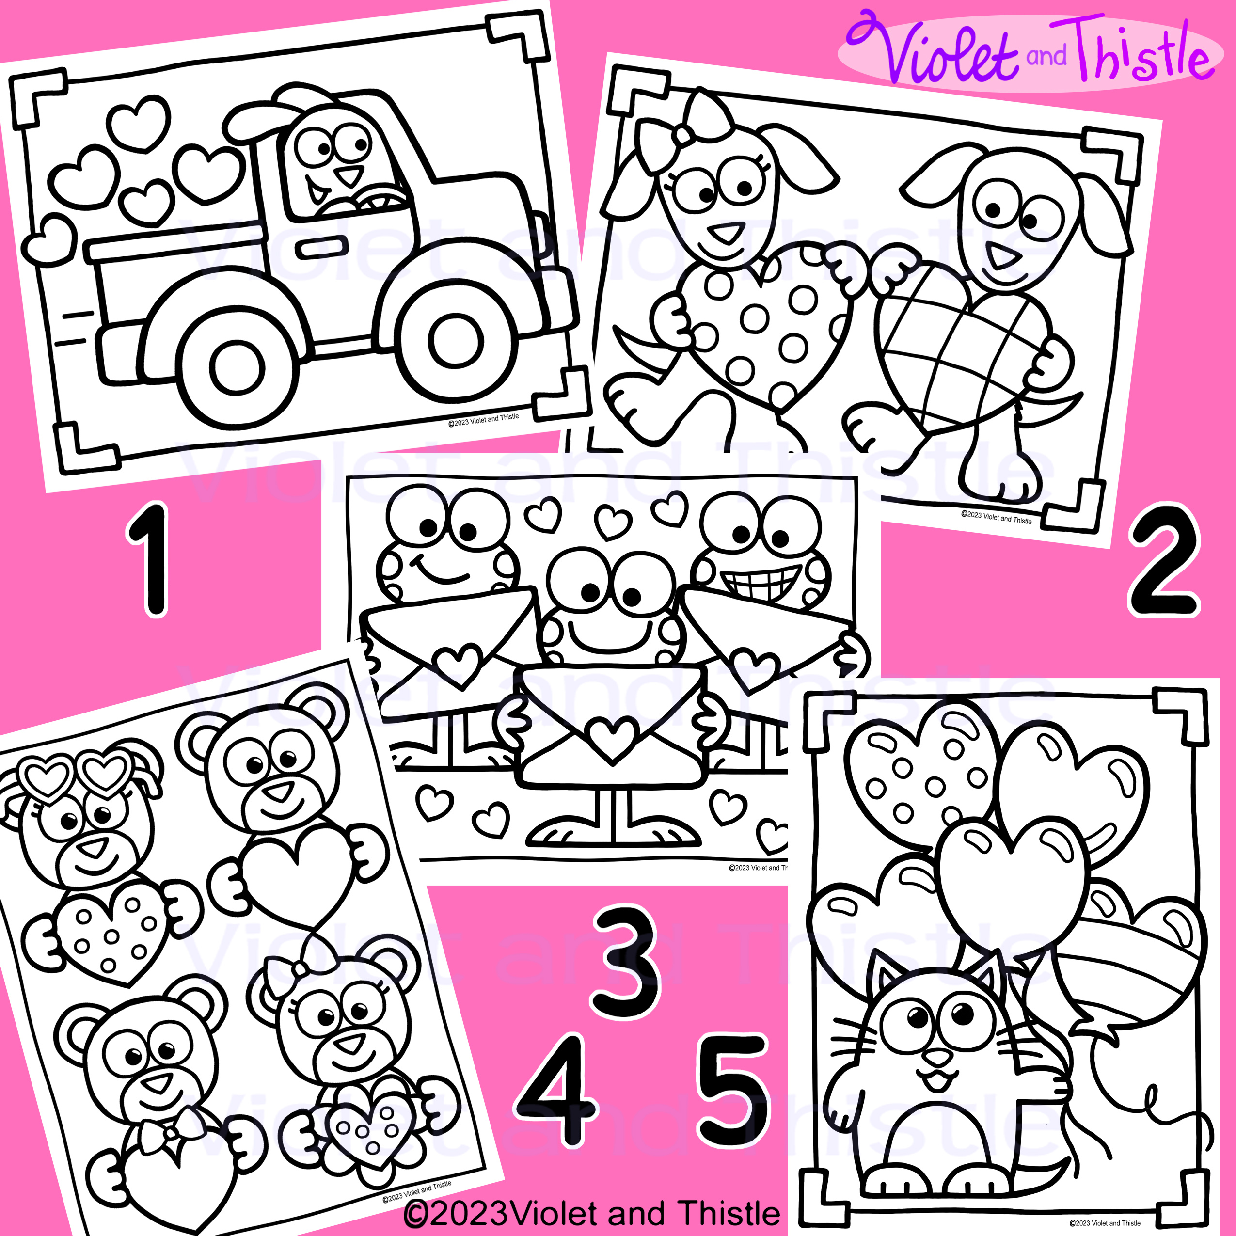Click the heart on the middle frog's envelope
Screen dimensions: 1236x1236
pos(612,736)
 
